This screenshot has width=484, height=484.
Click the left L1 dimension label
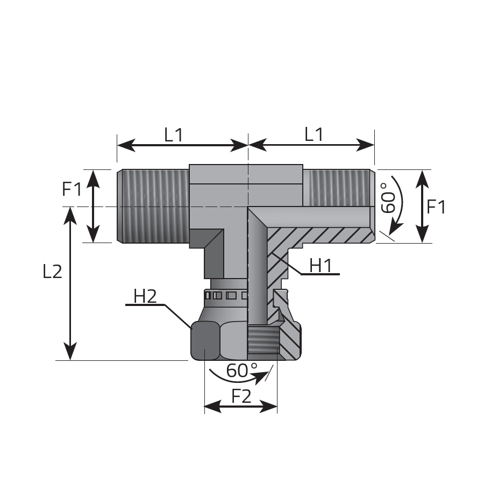174,135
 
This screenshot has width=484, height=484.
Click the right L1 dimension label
314,134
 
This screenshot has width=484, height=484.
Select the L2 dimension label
52,272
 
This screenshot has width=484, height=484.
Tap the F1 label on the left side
72,189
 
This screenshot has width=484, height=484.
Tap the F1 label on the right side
436,207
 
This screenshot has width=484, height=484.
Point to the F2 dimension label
241,396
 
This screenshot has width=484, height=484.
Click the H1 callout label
321,266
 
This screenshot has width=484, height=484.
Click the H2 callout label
145,296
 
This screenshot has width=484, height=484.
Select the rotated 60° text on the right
388,198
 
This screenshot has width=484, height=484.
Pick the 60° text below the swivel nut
241,371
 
